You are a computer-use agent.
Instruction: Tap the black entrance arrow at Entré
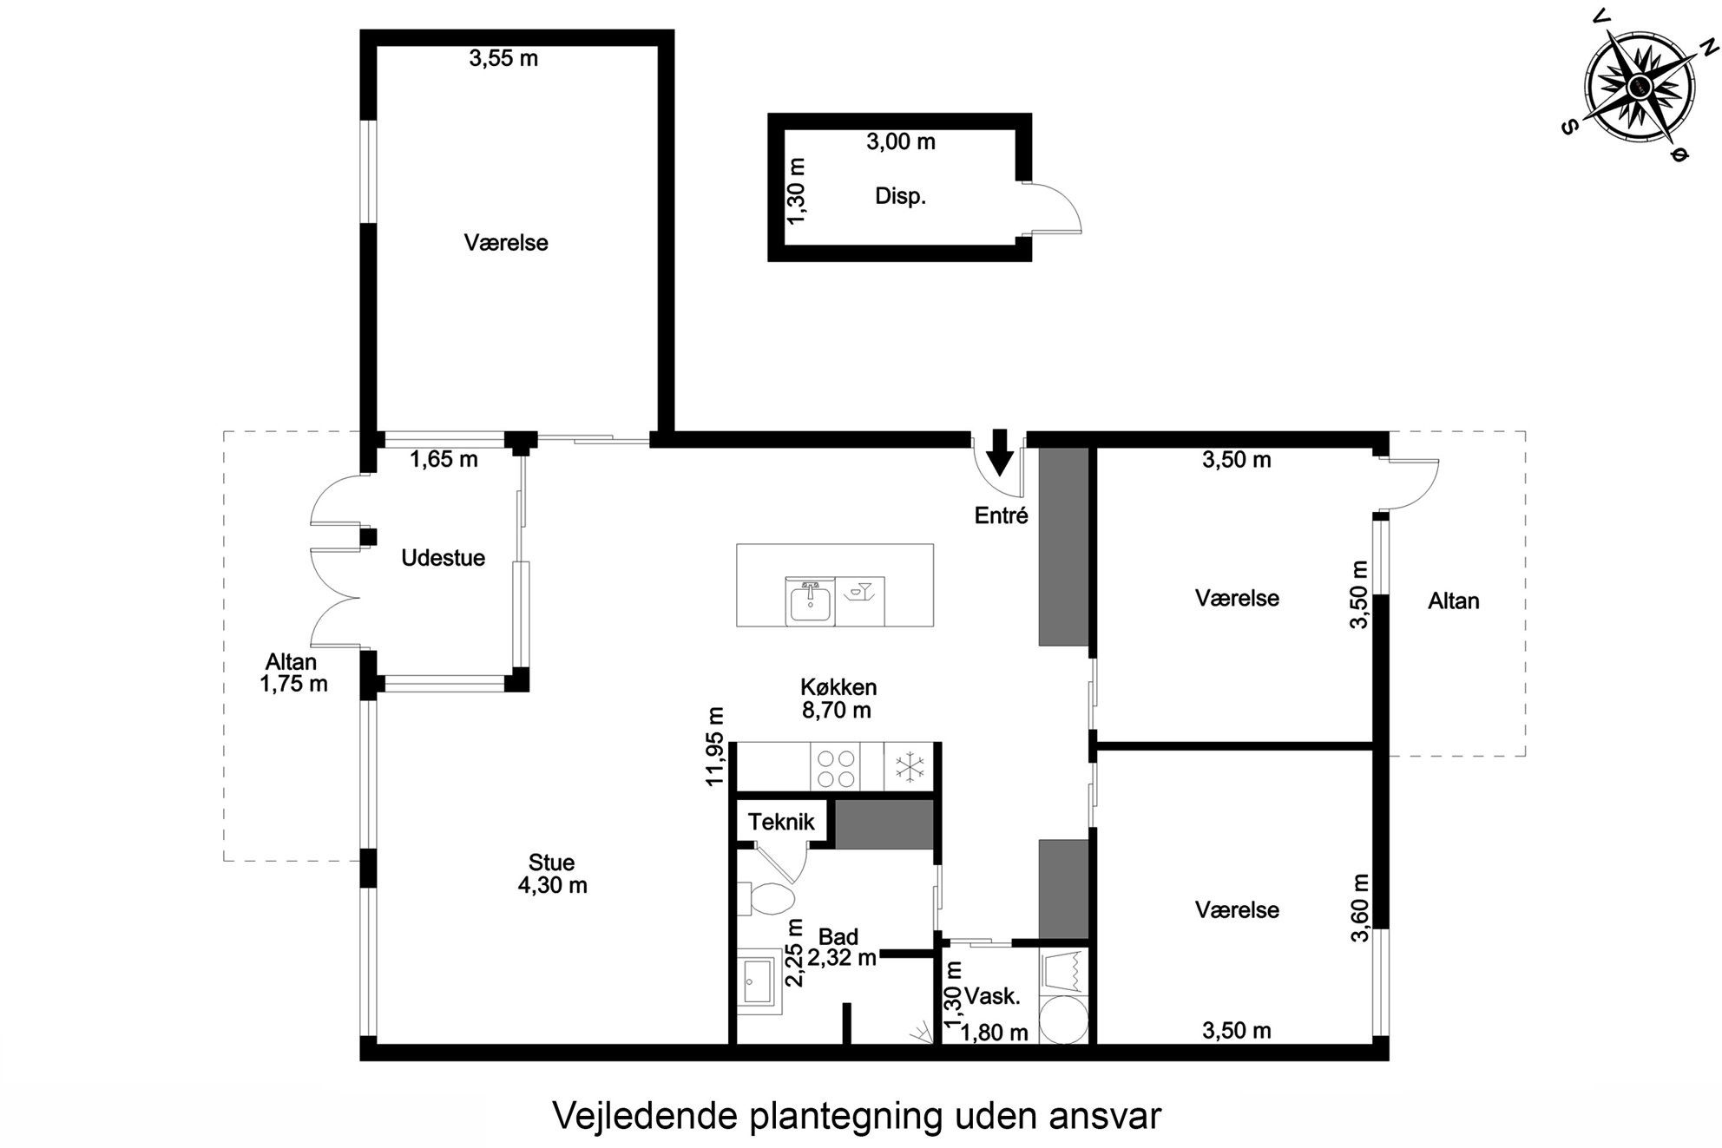coord(1000,452)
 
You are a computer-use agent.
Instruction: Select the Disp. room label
coord(900,197)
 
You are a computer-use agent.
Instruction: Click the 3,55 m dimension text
coord(503,58)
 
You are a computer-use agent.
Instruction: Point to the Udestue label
coord(443,558)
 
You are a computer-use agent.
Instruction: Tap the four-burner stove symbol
coord(835,767)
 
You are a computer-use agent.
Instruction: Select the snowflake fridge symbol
coord(909,767)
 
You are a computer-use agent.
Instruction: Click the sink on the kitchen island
coord(810,600)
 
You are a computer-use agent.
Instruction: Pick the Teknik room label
coord(781,822)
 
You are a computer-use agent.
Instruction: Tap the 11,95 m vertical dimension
coord(715,746)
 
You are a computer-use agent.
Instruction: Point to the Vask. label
coord(992,996)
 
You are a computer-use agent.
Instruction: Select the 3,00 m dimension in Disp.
coord(901,141)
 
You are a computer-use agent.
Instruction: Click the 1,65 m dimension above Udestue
coord(444,459)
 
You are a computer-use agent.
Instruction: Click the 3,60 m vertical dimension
coord(1360,907)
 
